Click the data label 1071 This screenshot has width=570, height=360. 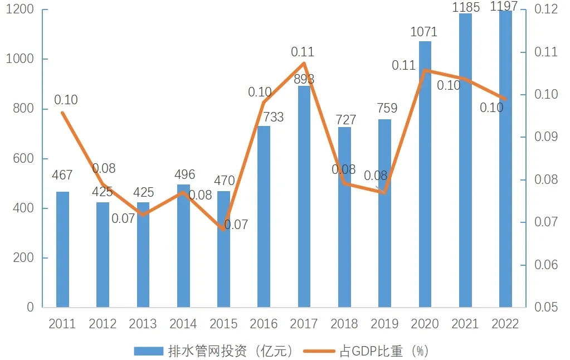(424, 32)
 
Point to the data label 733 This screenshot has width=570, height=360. (273, 117)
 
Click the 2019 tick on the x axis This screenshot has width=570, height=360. (384, 324)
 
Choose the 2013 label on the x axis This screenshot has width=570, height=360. (143, 324)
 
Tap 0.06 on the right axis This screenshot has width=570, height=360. (546, 265)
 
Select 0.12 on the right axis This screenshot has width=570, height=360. (546, 10)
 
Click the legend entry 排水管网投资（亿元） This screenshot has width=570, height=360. (215, 351)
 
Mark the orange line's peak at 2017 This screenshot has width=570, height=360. (304, 62)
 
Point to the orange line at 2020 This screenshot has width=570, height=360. (425, 70)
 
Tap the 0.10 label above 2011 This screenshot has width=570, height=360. (66, 100)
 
